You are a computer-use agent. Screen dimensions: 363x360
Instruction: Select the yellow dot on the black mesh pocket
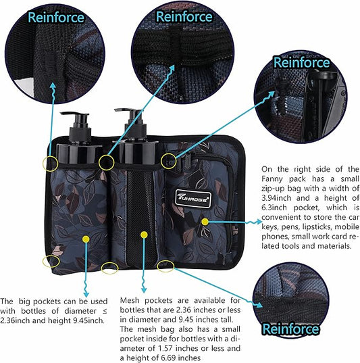point(143,235)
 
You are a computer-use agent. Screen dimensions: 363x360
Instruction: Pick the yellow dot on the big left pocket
point(85,238)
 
